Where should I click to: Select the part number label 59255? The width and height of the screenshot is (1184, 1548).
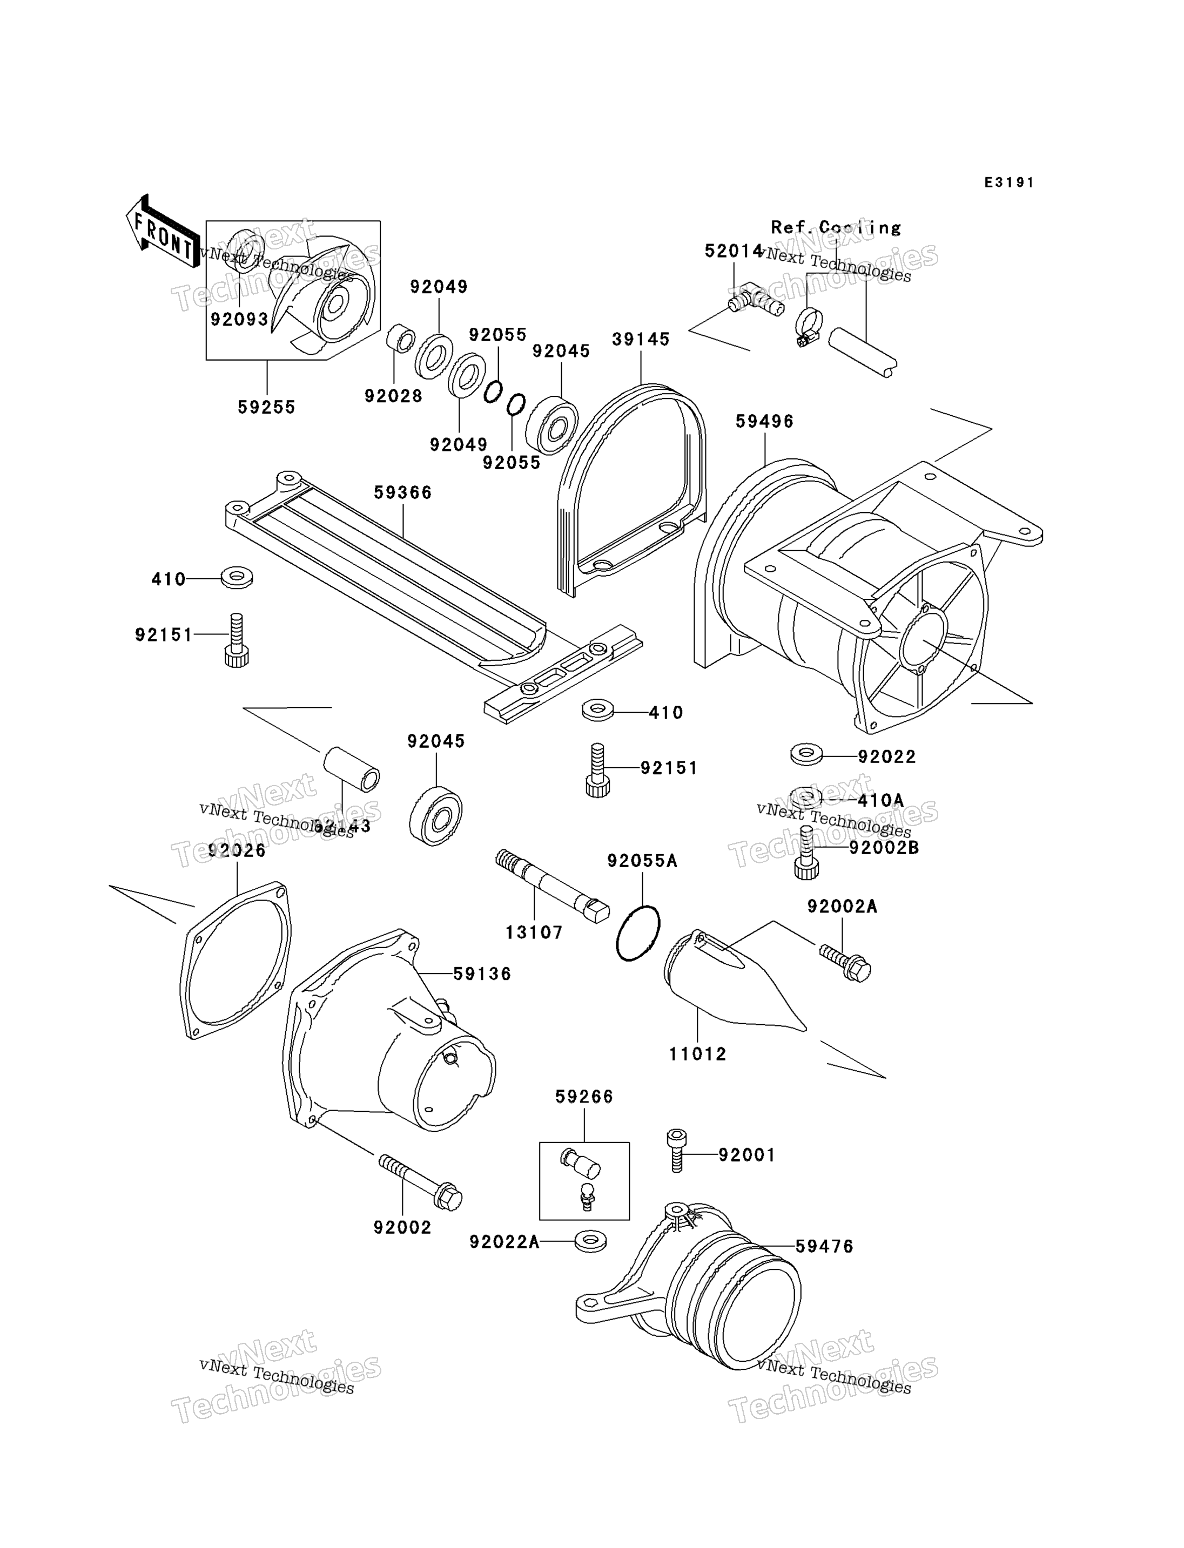click(266, 407)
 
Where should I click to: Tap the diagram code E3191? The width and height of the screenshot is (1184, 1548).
click(1008, 182)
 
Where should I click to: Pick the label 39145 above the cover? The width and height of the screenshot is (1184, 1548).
click(640, 339)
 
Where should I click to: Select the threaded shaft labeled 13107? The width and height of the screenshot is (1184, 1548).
click(551, 885)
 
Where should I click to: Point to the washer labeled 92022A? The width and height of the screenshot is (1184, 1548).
click(590, 1261)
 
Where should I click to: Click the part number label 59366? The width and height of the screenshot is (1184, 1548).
click(402, 492)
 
